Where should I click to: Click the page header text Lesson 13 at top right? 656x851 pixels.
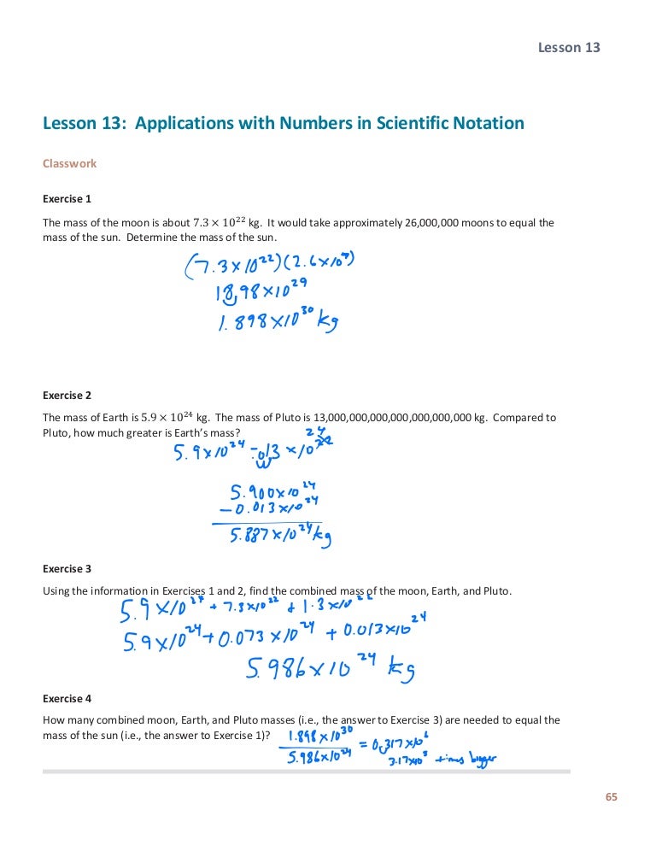(x=568, y=47)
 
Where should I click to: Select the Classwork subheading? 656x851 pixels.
(x=69, y=163)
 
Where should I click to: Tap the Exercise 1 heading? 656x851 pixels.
(x=67, y=199)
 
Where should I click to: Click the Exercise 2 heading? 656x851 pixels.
(x=67, y=396)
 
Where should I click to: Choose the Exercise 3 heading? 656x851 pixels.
(x=67, y=568)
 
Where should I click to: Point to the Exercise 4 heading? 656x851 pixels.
(x=67, y=698)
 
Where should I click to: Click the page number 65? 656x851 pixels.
(x=610, y=797)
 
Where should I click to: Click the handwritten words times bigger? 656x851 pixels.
(x=467, y=758)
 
